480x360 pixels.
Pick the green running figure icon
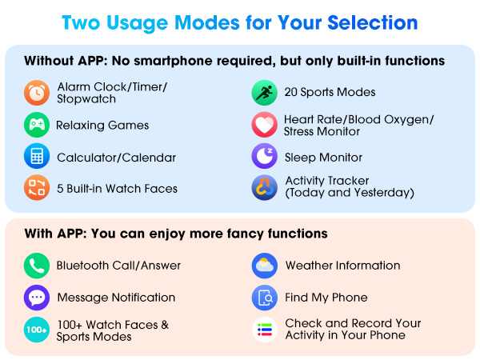pyautogui.click(x=264, y=93)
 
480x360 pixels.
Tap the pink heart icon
pyautogui.click(x=264, y=125)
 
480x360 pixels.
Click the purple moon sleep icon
pyautogui.click(x=264, y=157)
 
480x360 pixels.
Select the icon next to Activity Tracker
pyautogui.click(x=264, y=188)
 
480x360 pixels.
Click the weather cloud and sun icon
pyautogui.click(x=264, y=266)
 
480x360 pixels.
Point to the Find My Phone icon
pyautogui.click(x=264, y=298)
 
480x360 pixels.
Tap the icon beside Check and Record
pyautogui.click(x=264, y=330)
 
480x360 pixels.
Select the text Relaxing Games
pyautogui.click(x=102, y=126)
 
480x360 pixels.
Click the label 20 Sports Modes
pyautogui.click(x=330, y=93)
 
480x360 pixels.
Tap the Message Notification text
pyautogui.click(x=116, y=298)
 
